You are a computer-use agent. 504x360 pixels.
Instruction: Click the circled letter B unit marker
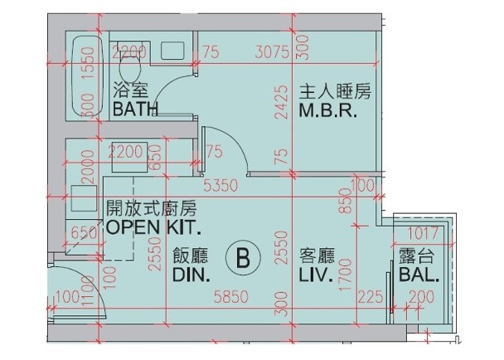click(243, 258)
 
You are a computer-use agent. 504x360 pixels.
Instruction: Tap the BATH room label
click(135, 109)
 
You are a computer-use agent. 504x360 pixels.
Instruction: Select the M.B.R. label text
click(328, 110)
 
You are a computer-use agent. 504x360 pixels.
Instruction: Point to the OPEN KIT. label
click(153, 227)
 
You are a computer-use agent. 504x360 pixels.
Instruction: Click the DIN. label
click(191, 275)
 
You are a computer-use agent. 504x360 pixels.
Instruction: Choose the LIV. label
click(316, 275)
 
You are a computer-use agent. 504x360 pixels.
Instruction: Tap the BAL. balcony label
click(419, 275)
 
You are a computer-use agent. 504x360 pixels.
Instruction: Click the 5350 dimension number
click(220, 185)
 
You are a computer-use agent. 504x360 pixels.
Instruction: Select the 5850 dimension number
click(231, 297)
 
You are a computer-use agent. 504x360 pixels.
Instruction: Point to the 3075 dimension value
click(272, 52)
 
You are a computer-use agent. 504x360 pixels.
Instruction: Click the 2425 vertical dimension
click(282, 102)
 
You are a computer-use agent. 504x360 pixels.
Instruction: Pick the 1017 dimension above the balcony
click(423, 233)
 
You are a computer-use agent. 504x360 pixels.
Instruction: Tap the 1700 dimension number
click(346, 275)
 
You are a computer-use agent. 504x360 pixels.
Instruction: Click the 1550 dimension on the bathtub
click(89, 63)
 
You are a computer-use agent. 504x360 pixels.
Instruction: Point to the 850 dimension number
click(346, 201)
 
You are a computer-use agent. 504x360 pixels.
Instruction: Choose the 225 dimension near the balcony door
click(371, 297)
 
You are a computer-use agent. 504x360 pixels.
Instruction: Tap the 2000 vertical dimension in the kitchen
click(88, 167)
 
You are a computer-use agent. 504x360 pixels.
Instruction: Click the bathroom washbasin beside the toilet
click(172, 51)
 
